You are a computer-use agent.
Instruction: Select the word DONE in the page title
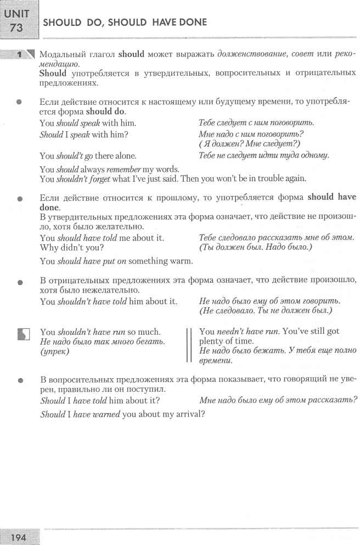pyautogui.click(x=190, y=23)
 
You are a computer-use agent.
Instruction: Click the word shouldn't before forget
pyautogui.click(x=77, y=180)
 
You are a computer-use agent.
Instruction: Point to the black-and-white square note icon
pyautogui.click(x=22, y=334)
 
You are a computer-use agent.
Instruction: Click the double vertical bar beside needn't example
pyautogui.click(x=189, y=346)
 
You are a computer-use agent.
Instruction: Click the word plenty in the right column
pyautogui.click(x=213, y=341)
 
